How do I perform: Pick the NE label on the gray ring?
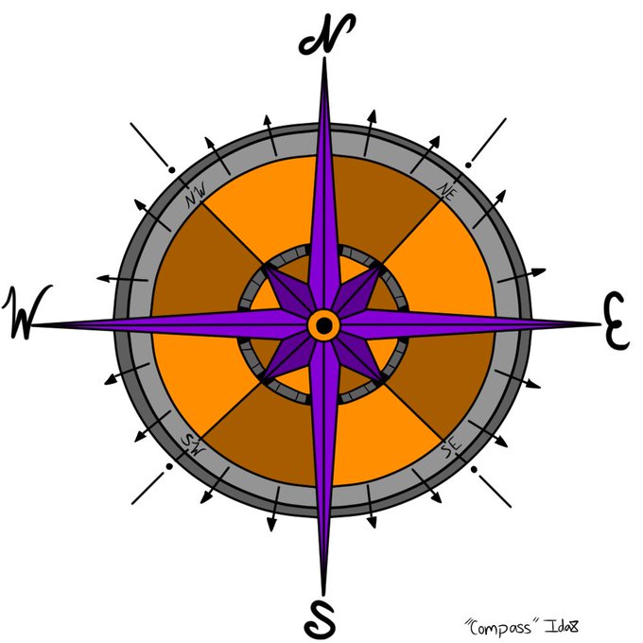tap(447, 191)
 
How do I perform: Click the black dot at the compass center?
tap(323, 325)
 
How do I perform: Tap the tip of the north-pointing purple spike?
tap(325, 59)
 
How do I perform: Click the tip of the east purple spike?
tap(598, 323)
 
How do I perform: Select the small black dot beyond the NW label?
tap(171, 170)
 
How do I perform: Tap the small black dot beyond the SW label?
tap(168, 466)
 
